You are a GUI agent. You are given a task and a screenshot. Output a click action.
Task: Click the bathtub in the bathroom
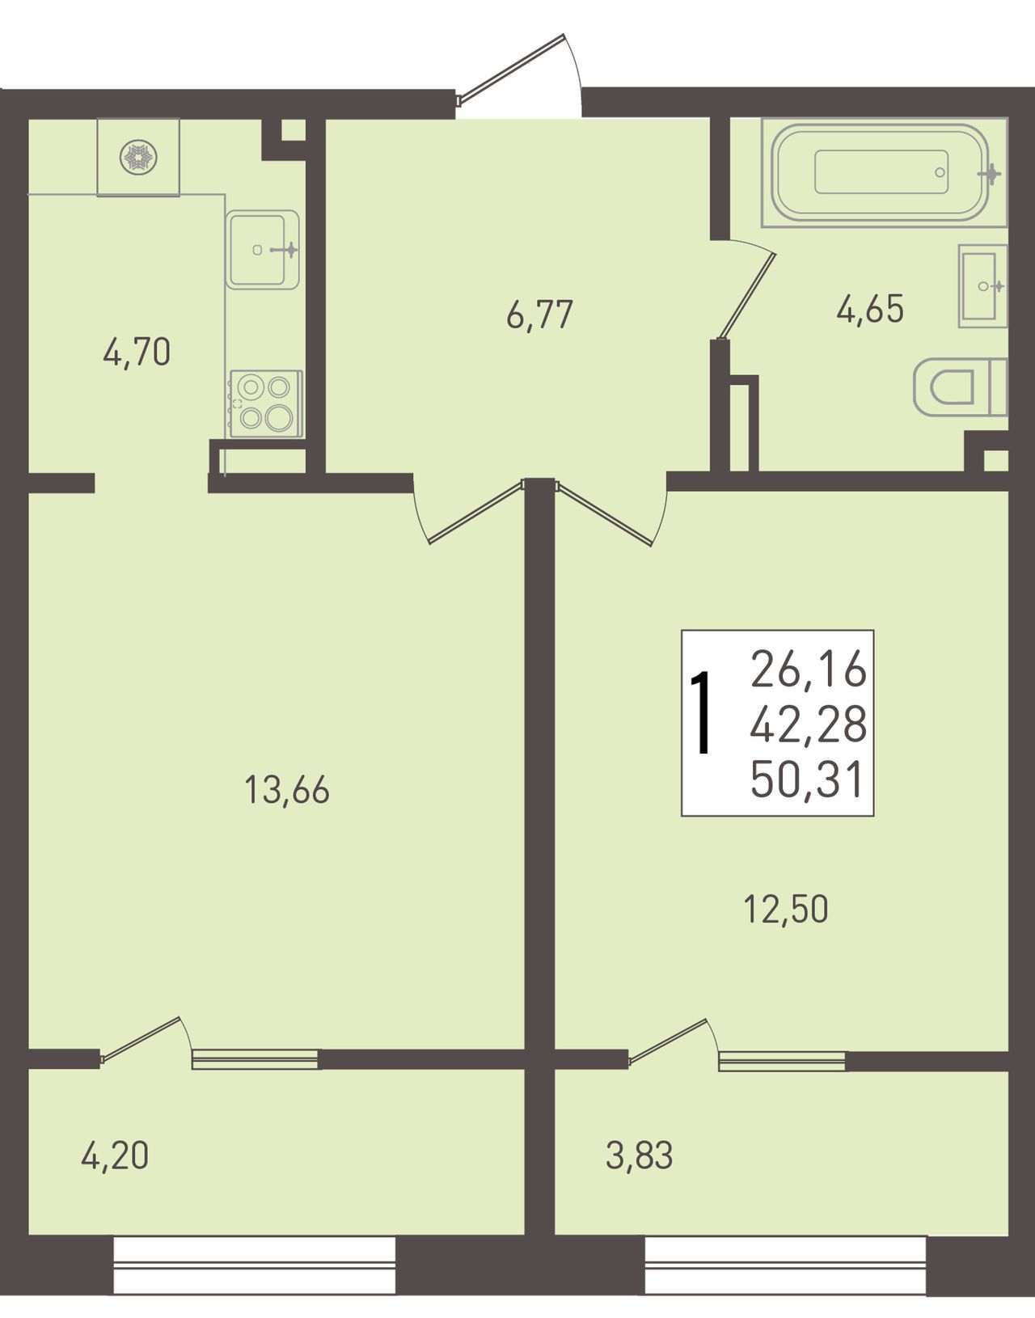click(884, 172)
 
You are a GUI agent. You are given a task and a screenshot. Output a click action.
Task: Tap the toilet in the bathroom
click(961, 387)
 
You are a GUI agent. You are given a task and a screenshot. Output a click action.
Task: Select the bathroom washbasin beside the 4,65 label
click(982, 285)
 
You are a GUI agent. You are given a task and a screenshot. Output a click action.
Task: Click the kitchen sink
click(263, 249)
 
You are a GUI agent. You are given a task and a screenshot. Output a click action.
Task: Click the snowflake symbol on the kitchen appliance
click(138, 157)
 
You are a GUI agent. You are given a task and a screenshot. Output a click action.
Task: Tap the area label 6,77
click(539, 315)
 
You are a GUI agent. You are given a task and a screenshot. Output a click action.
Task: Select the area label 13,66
click(287, 790)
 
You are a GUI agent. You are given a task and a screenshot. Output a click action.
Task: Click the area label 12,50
click(786, 909)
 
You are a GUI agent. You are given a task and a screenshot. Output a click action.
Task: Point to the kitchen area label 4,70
click(137, 353)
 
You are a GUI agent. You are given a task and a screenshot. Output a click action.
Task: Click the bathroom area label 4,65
click(870, 309)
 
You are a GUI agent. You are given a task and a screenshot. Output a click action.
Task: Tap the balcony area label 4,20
click(115, 1155)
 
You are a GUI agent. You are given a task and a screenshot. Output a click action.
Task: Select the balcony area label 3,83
click(639, 1155)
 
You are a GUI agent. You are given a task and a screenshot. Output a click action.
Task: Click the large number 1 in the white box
click(703, 712)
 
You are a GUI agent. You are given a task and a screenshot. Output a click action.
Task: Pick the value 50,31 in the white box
click(806, 779)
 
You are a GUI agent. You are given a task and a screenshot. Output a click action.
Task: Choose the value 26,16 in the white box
click(809, 669)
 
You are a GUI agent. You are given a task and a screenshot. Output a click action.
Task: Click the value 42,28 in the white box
click(809, 724)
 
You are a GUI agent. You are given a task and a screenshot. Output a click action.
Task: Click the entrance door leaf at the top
click(513, 65)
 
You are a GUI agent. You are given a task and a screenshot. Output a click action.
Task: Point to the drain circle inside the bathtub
click(940, 172)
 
